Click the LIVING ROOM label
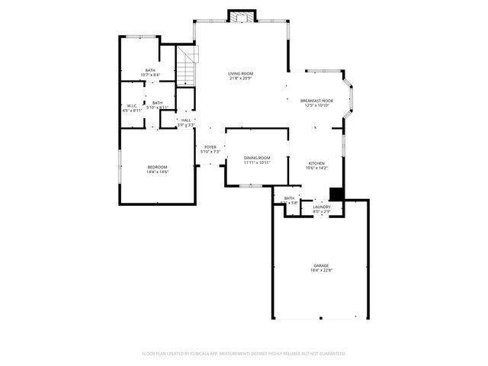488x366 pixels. (x=240, y=74)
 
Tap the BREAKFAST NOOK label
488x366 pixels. (x=316, y=101)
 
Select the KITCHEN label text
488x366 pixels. (x=316, y=163)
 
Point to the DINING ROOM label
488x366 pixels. (x=257, y=158)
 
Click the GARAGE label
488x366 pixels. (x=320, y=265)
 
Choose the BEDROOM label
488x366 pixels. (x=157, y=167)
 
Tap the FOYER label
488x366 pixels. (x=210, y=147)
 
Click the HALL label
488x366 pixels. (x=186, y=120)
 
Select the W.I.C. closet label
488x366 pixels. (x=132, y=106)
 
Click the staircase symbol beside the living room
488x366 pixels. (x=188, y=65)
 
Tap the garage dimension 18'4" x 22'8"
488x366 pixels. (x=320, y=271)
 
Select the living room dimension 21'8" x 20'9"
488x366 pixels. (x=240, y=79)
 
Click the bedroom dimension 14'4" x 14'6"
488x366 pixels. (x=157, y=172)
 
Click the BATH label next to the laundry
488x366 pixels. (x=289, y=198)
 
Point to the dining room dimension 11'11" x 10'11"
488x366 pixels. (x=257, y=162)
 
